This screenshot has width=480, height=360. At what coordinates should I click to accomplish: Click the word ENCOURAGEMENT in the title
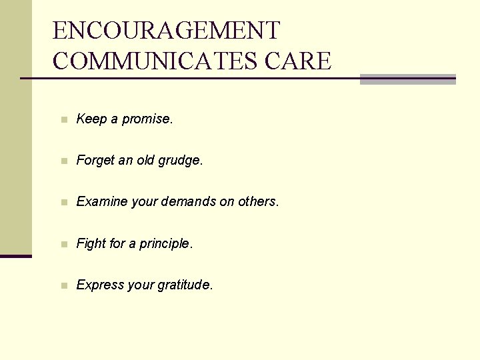(x=167, y=31)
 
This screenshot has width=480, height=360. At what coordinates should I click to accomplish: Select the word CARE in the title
(x=298, y=61)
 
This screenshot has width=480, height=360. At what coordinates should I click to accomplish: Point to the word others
(x=258, y=202)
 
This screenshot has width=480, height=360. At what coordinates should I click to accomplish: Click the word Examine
(x=101, y=202)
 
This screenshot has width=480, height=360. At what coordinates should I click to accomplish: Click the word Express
(x=99, y=285)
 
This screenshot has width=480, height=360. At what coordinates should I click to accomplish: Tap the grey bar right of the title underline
(x=407, y=79)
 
